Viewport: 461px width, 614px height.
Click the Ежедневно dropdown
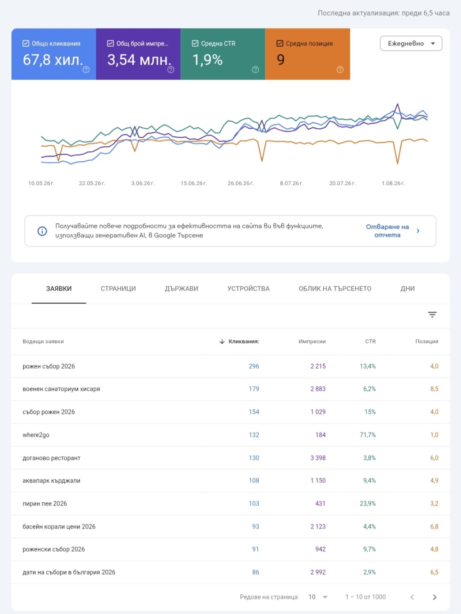point(411,43)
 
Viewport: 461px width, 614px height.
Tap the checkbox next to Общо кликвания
point(26,43)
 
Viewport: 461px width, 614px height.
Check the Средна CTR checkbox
point(195,43)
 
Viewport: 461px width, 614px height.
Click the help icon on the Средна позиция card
point(340,70)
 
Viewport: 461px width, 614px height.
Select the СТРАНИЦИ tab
point(118,288)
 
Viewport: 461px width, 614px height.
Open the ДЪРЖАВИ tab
point(182,288)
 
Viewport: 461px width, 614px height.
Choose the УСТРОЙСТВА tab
point(248,288)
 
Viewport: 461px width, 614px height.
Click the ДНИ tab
point(407,288)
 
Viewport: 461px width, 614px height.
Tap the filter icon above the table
point(432,315)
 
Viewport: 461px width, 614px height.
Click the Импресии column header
point(312,341)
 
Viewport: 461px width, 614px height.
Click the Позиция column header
point(427,341)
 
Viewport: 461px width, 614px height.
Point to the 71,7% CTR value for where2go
point(367,435)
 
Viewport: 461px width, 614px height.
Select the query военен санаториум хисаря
point(61,389)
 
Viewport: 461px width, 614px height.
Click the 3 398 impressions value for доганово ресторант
point(318,458)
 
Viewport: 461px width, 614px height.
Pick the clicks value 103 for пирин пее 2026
point(254,504)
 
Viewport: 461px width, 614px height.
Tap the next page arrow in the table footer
point(434,597)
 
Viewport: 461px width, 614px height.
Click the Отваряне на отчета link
point(388,231)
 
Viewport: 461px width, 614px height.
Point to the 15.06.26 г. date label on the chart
point(194,183)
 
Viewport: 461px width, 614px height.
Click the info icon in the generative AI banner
point(42,231)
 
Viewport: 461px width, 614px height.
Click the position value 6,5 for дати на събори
point(434,572)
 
